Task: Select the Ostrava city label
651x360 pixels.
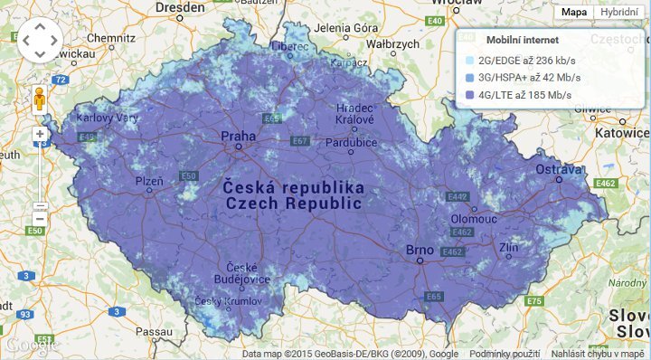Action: point(557,169)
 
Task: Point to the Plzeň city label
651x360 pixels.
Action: point(149,182)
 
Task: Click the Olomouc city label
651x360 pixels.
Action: point(475,218)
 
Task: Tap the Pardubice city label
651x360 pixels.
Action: point(351,143)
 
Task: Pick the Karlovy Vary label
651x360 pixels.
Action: point(107,118)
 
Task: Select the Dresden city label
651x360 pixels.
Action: point(180,6)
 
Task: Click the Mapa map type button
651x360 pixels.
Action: point(573,12)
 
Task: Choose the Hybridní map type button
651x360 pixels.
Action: point(618,12)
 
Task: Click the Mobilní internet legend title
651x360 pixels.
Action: point(522,41)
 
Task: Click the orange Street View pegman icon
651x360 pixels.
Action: point(40,98)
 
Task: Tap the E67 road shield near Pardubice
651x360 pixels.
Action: point(300,141)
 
